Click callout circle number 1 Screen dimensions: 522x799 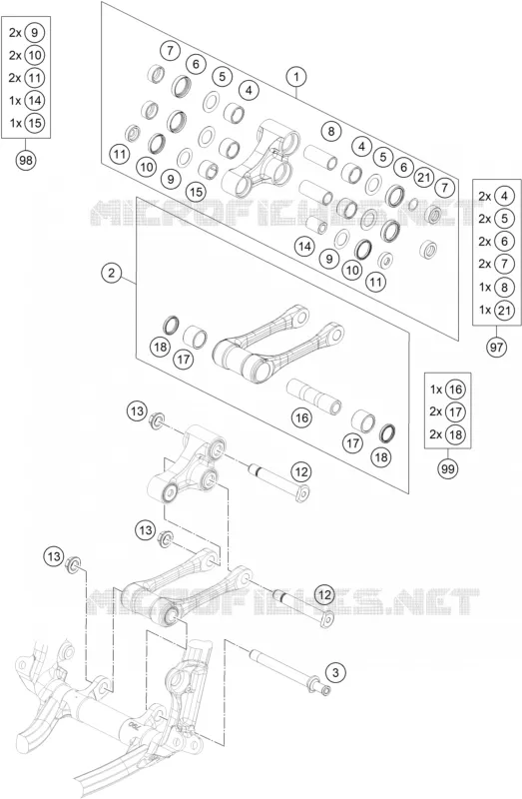pyautogui.click(x=295, y=77)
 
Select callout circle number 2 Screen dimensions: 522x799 pyautogui.click(x=111, y=273)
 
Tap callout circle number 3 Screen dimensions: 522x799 pyautogui.click(x=335, y=672)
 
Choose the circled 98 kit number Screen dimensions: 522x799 pyautogui.click(x=26, y=161)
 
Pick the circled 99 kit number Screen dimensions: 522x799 pyautogui.click(x=448, y=468)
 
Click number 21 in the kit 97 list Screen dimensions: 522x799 pyautogui.click(x=504, y=310)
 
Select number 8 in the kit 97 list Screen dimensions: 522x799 pyautogui.click(x=504, y=287)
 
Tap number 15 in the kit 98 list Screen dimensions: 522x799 pyautogui.click(x=34, y=123)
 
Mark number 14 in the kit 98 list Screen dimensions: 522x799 pyautogui.click(x=34, y=100)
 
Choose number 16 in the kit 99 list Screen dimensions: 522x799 pyautogui.click(x=455, y=390)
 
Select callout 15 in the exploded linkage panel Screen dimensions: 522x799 pyautogui.click(x=196, y=192)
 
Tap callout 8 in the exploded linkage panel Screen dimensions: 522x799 pyautogui.click(x=331, y=132)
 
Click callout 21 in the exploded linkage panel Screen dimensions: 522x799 pyautogui.click(x=424, y=178)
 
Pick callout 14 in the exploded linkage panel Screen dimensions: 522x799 pyautogui.click(x=304, y=247)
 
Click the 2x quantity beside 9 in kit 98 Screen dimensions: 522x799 pyautogui.click(x=15, y=33)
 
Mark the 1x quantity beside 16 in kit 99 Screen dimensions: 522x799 pyautogui.click(x=435, y=390)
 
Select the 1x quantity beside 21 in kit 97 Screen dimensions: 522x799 pyautogui.click(x=485, y=310)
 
